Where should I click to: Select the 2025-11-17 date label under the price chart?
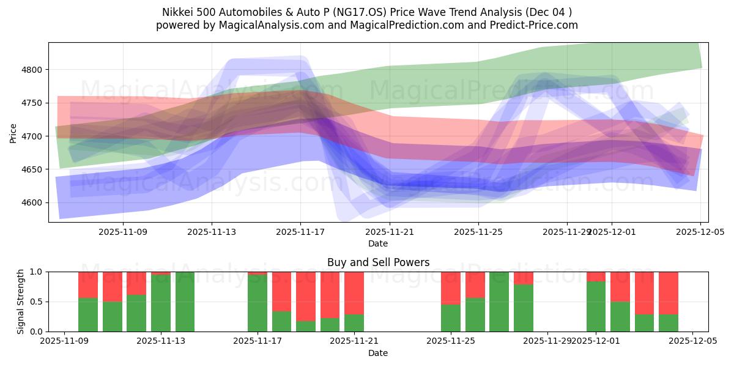click(x=300, y=232)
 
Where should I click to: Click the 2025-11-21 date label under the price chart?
click(x=390, y=232)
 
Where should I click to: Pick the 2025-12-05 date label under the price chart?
click(x=700, y=232)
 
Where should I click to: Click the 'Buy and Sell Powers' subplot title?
click(x=378, y=262)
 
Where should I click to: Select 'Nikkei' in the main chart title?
click(x=177, y=12)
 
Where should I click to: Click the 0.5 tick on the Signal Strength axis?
click(x=35, y=302)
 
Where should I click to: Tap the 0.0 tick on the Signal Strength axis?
click(x=35, y=332)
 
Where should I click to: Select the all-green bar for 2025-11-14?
click(x=185, y=302)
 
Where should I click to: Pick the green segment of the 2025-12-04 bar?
click(x=669, y=323)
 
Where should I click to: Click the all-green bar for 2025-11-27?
click(x=499, y=302)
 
